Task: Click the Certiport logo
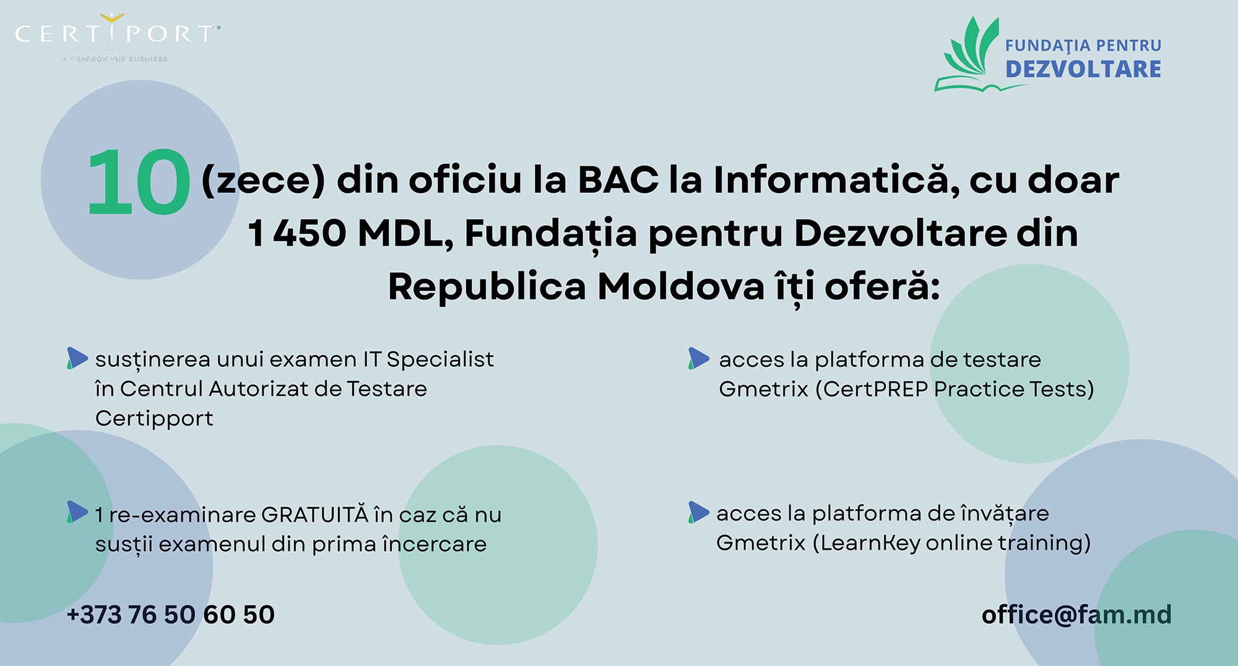pyautogui.click(x=118, y=37)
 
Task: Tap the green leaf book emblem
pyautogui.click(x=967, y=54)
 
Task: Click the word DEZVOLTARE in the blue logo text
pyautogui.click(x=1083, y=69)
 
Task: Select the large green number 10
pyautogui.click(x=139, y=182)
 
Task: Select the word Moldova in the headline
pyautogui.click(x=681, y=287)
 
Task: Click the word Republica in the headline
pyautogui.click(x=487, y=288)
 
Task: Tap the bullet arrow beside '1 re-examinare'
pyautogui.click(x=77, y=512)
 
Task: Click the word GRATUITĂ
pyautogui.click(x=314, y=514)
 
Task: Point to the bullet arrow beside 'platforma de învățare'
pyautogui.click(x=699, y=512)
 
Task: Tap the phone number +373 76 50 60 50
pyautogui.click(x=170, y=615)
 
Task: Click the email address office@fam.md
pyautogui.click(x=1076, y=615)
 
